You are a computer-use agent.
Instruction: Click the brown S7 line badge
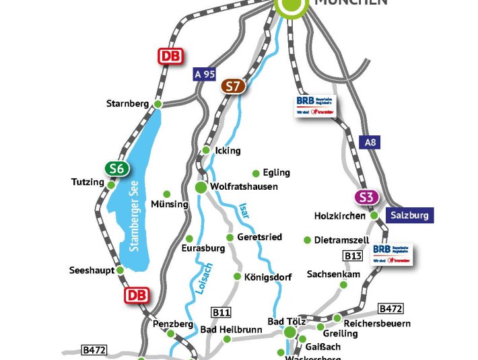(233, 86)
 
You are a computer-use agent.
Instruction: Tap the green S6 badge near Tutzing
(116, 169)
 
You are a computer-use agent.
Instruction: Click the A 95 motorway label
(204, 74)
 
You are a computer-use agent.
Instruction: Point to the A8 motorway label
(371, 143)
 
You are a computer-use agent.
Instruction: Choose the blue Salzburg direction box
(409, 215)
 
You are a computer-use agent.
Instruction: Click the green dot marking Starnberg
(158, 104)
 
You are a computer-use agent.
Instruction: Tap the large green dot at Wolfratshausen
(200, 186)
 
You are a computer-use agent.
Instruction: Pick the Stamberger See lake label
(138, 218)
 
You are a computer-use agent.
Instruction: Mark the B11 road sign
(221, 312)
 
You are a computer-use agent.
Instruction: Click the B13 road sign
(353, 256)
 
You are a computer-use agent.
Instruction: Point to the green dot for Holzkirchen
(374, 215)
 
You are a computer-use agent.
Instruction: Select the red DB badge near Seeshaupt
(137, 295)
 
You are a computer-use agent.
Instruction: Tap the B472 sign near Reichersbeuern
(390, 309)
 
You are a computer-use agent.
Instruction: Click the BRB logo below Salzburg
(392, 254)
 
